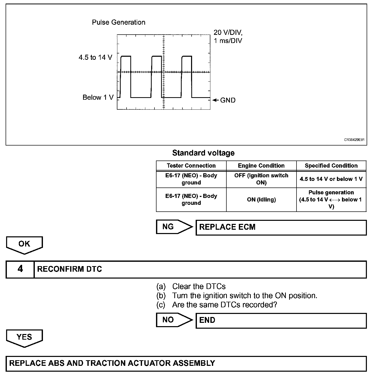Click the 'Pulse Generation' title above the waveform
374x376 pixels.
pyautogui.click(x=118, y=22)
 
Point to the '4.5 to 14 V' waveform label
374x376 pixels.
pyautogui.click(x=95, y=57)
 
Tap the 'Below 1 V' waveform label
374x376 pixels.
pyautogui.click(x=98, y=97)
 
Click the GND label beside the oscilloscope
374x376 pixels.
pyautogui.click(x=228, y=100)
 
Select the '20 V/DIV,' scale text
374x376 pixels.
pyautogui.click(x=228, y=32)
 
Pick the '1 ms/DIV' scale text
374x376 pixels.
pyautogui.click(x=228, y=41)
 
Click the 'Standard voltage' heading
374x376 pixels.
pyautogui.click(x=203, y=153)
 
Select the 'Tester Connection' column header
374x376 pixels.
pyautogui.click(x=191, y=166)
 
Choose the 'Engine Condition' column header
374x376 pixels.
pyautogui.click(x=261, y=166)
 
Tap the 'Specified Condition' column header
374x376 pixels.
pyautogui.click(x=331, y=166)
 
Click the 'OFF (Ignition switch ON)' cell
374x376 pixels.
pyautogui.click(x=261, y=179)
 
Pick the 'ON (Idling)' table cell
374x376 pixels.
pyautogui.click(x=261, y=200)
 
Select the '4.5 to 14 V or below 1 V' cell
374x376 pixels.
pyautogui.click(x=331, y=179)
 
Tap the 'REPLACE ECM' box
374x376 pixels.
pyautogui.click(x=281, y=227)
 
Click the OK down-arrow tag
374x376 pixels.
pyautogui.click(x=24, y=244)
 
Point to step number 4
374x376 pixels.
pyautogui.click(x=20, y=269)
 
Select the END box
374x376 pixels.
pyautogui.click(x=281, y=320)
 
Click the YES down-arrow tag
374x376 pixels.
pyautogui.click(x=24, y=338)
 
